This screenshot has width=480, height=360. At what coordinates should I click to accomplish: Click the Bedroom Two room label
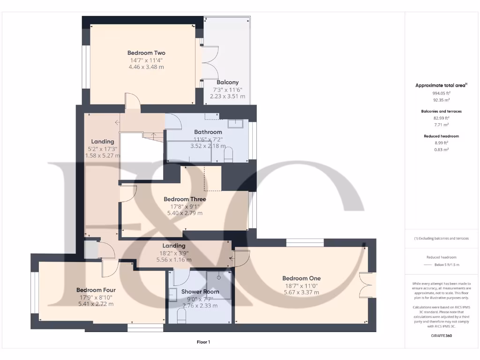[146, 53]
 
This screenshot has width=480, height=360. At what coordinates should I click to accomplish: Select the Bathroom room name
[208, 132]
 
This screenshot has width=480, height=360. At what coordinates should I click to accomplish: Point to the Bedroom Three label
[185, 199]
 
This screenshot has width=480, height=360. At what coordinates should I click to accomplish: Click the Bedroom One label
[302, 278]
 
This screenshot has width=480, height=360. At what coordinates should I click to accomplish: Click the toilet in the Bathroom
[228, 155]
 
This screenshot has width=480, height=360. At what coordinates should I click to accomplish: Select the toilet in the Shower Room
[181, 317]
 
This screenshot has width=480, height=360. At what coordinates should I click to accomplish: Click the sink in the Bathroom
[235, 124]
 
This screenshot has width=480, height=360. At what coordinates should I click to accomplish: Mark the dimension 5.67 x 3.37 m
[302, 292]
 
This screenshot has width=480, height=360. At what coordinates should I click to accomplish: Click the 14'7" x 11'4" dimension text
[146, 60]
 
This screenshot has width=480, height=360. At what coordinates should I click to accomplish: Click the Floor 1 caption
[203, 342]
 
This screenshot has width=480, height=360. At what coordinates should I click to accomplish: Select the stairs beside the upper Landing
[153, 136]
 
